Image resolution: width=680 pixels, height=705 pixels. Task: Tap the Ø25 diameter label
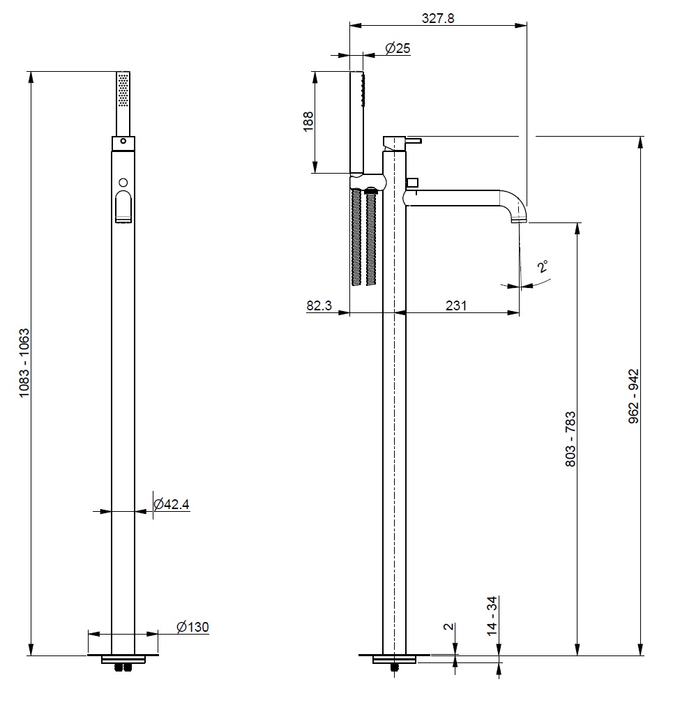[398, 48]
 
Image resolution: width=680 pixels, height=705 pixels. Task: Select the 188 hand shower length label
[308, 121]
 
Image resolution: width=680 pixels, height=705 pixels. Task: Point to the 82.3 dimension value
[319, 305]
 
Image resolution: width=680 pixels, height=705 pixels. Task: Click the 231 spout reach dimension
[456, 305]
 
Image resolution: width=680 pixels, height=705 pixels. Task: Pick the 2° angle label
[543, 266]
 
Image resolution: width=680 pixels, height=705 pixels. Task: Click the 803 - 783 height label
[571, 439]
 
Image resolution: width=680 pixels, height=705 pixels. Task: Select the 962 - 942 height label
[633, 396]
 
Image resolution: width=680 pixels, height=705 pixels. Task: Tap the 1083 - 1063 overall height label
[24, 363]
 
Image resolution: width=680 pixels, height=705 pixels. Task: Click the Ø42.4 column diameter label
[172, 504]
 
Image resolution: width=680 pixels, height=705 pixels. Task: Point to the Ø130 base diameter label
[192, 627]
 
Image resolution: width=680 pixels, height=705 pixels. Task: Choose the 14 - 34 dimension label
[492, 616]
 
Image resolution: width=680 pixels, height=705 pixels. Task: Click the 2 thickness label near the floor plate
[449, 627]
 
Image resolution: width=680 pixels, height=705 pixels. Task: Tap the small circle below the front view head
[123, 183]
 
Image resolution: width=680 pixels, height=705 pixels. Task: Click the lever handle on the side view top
[415, 141]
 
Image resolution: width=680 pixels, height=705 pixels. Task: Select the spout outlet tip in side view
[520, 220]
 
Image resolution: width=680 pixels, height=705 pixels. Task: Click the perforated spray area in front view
[123, 91]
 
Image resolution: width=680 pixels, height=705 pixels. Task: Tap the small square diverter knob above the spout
[412, 183]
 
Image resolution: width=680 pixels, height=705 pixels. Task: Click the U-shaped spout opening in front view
[123, 206]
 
